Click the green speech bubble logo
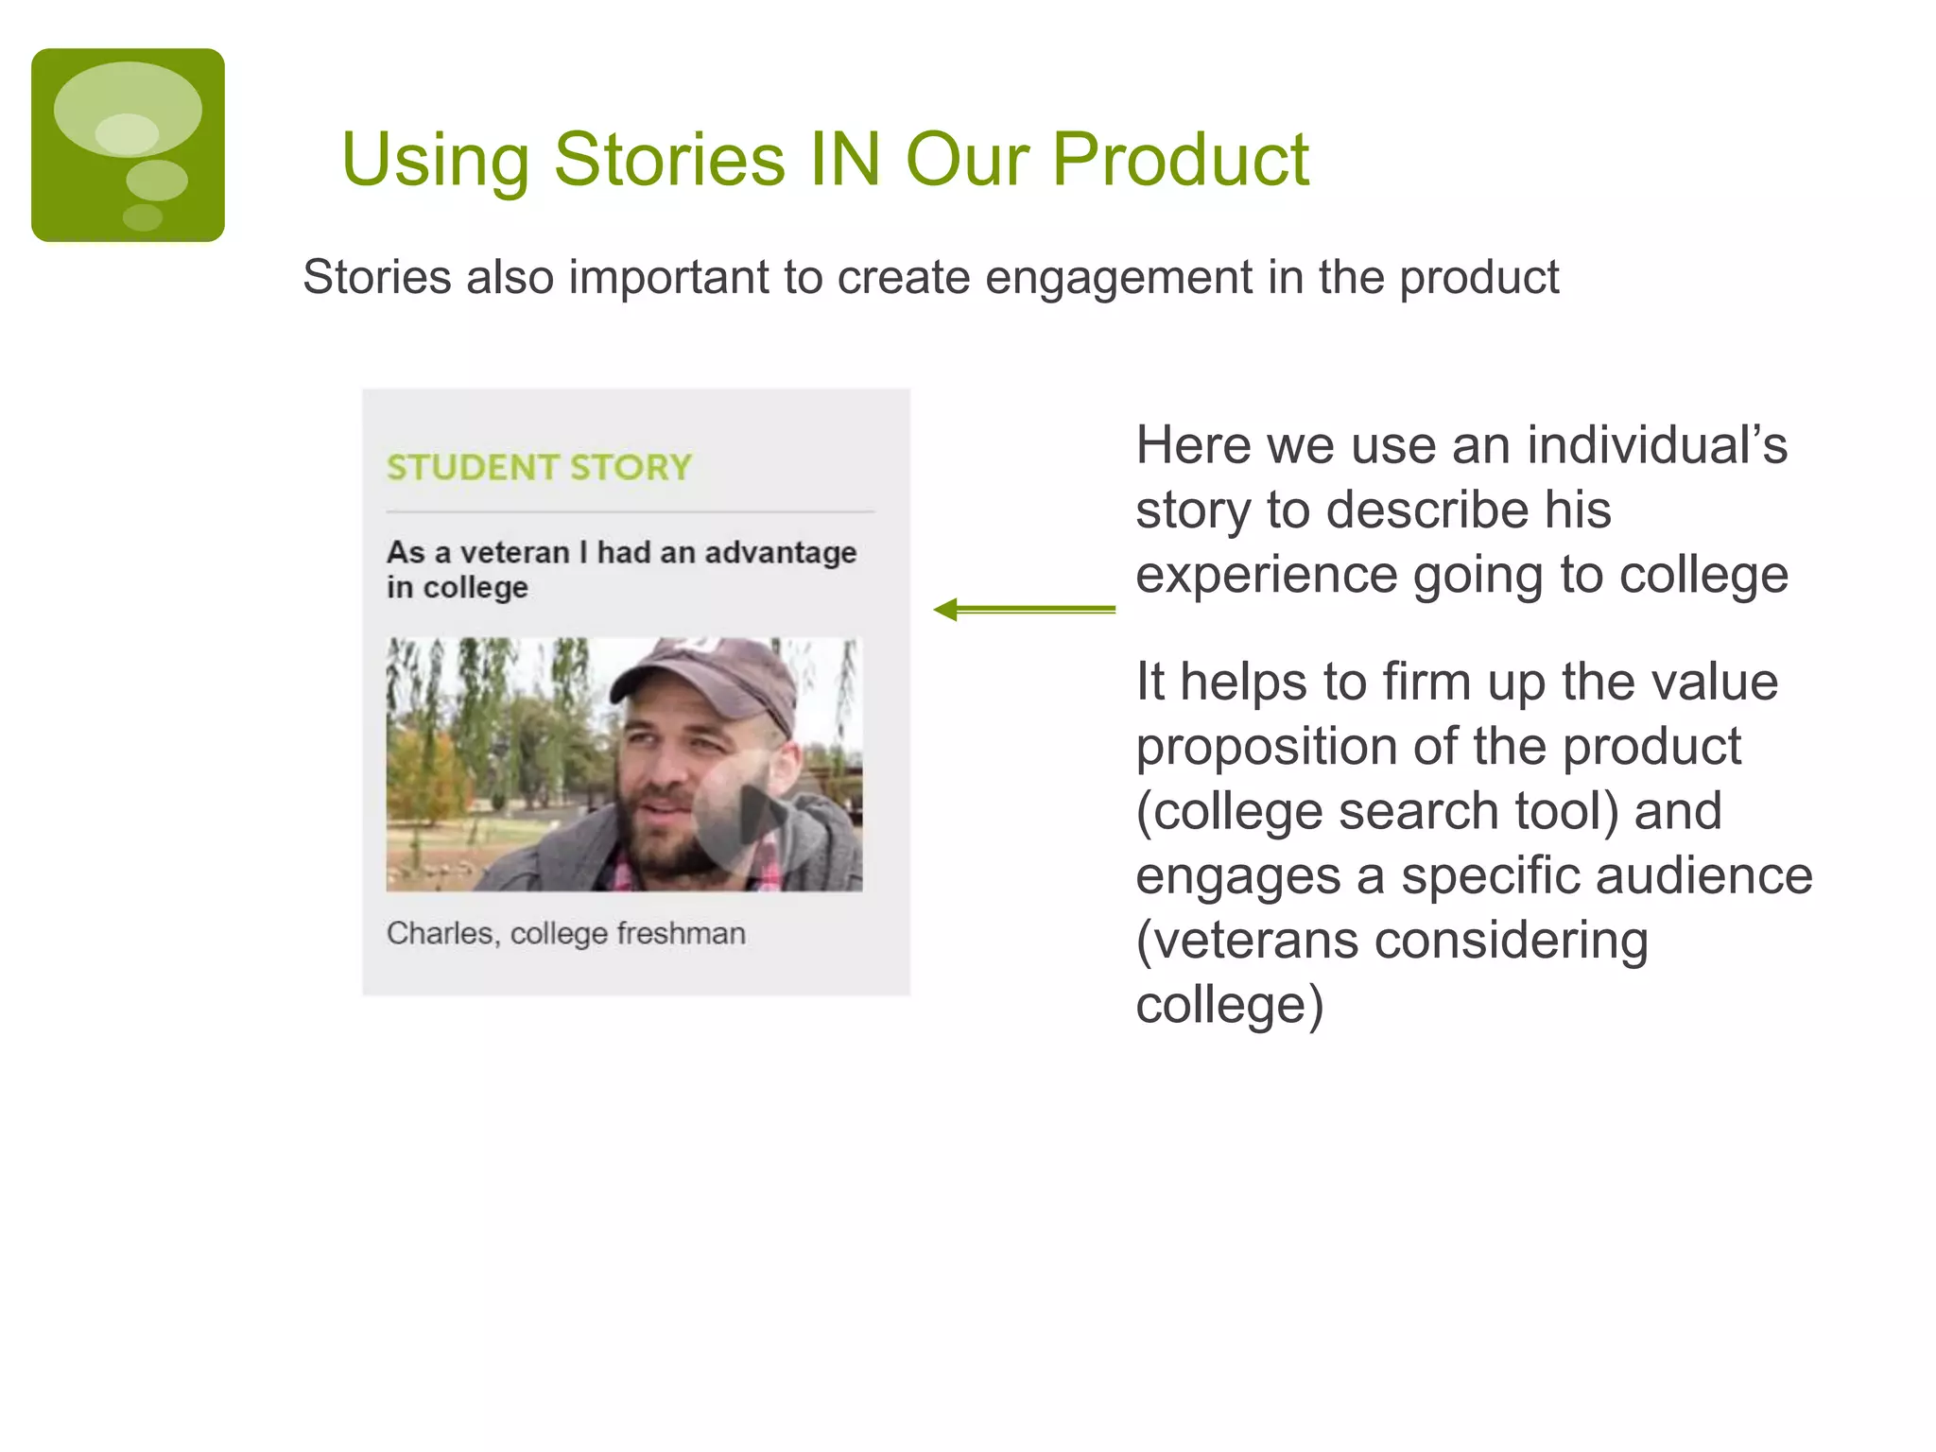pyautogui.click(x=128, y=145)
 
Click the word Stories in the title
pyautogui.click(x=669, y=159)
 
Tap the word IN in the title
pyautogui.click(x=844, y=159)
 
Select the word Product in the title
pyautogui.click(x=1180, y=159)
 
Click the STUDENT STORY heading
pyautogui.click(x=539, y=468)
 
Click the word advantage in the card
pyautogui.click(x=780, y=552)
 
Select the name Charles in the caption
pyautogui.click(x=441, y=934)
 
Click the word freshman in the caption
pyautogui.click(x=681, y=934)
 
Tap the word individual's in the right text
pyautogui.click(x=1656, y=445)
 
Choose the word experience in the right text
pyautogui.click(x=1266, y=576)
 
